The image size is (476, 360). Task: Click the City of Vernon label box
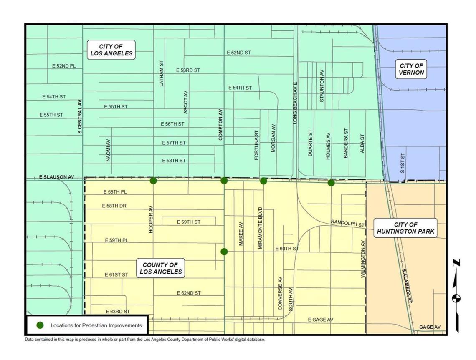[412, 69]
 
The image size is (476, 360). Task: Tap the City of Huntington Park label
[405, 228]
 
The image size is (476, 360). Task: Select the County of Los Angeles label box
[161, 268]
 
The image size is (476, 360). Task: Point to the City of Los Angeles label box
[111, 50]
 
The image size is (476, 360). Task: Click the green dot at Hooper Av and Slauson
[153, 181]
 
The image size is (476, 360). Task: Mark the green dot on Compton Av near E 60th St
[224, 252]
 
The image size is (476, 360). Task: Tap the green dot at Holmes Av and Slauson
[331, 183]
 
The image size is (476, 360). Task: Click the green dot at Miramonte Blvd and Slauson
[263, 181]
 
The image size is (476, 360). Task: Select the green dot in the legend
[40, 325]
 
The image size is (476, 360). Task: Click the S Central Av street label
[80, 117]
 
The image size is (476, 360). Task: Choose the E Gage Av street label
[321, 320]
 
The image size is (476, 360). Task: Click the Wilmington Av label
[363, 259]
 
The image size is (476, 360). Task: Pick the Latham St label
[162, 73]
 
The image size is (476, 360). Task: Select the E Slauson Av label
[56, 177]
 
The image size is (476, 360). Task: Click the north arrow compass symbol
[457, 296]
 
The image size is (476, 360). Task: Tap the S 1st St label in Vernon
[403, 163]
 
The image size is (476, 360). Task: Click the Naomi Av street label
[109, 150]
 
